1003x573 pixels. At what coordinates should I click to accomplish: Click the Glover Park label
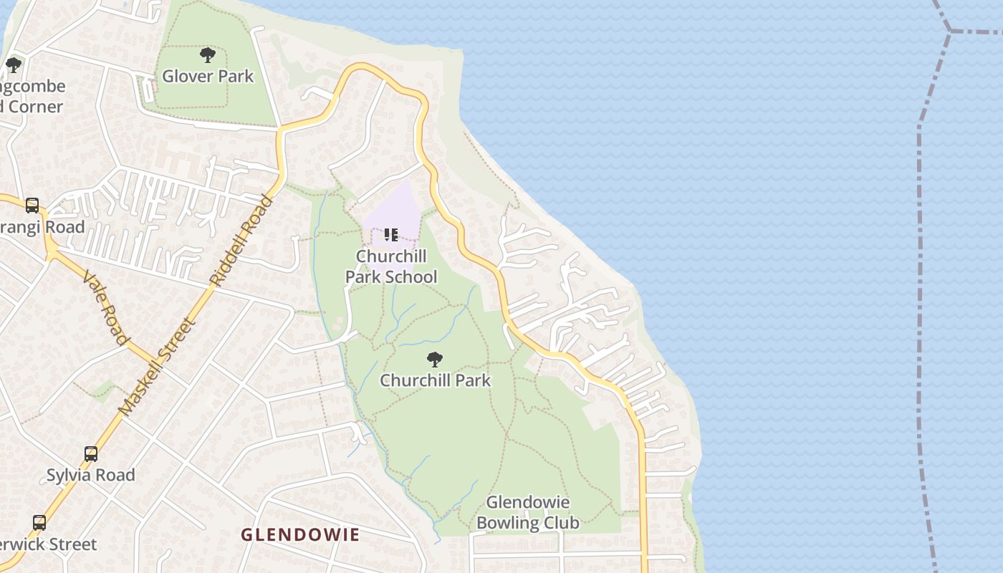208,76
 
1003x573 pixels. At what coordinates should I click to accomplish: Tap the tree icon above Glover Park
208,54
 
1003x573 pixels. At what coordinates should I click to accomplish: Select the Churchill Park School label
391,266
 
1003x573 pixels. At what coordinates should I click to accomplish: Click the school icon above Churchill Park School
390,234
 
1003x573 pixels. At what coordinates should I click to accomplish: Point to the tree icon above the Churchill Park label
434,359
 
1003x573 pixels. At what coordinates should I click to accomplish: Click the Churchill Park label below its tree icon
435,380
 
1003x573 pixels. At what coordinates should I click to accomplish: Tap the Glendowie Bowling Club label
527,513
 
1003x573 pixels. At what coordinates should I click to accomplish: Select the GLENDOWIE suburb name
300,534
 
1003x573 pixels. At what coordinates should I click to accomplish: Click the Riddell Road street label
241,240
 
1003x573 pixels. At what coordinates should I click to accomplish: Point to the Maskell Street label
157,367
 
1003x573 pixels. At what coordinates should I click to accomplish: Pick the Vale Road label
105,307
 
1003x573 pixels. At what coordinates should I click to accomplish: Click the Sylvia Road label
90,475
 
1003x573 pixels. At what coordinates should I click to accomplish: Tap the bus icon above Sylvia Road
91,454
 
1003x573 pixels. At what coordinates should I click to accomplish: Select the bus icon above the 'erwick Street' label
39,523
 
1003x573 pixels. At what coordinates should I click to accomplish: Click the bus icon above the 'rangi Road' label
32,206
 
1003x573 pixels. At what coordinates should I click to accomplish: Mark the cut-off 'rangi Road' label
42,227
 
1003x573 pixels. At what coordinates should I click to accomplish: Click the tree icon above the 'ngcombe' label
14,65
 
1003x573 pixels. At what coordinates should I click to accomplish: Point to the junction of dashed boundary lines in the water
950,31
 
